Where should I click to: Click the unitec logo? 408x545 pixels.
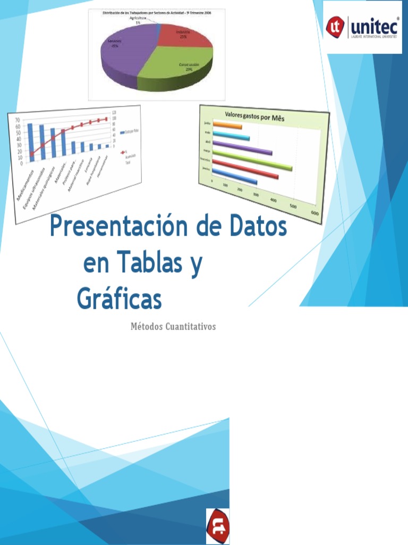363,27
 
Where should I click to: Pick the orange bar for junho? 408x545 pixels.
227,126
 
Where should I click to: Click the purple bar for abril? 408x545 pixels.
242,148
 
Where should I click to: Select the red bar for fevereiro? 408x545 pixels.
245,171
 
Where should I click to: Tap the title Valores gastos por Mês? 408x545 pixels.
254,117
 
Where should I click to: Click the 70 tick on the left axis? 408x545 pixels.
17,120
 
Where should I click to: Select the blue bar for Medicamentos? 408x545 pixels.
30,142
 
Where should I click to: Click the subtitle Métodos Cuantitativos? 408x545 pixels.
173,326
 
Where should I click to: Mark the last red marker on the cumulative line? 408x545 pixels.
106,119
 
